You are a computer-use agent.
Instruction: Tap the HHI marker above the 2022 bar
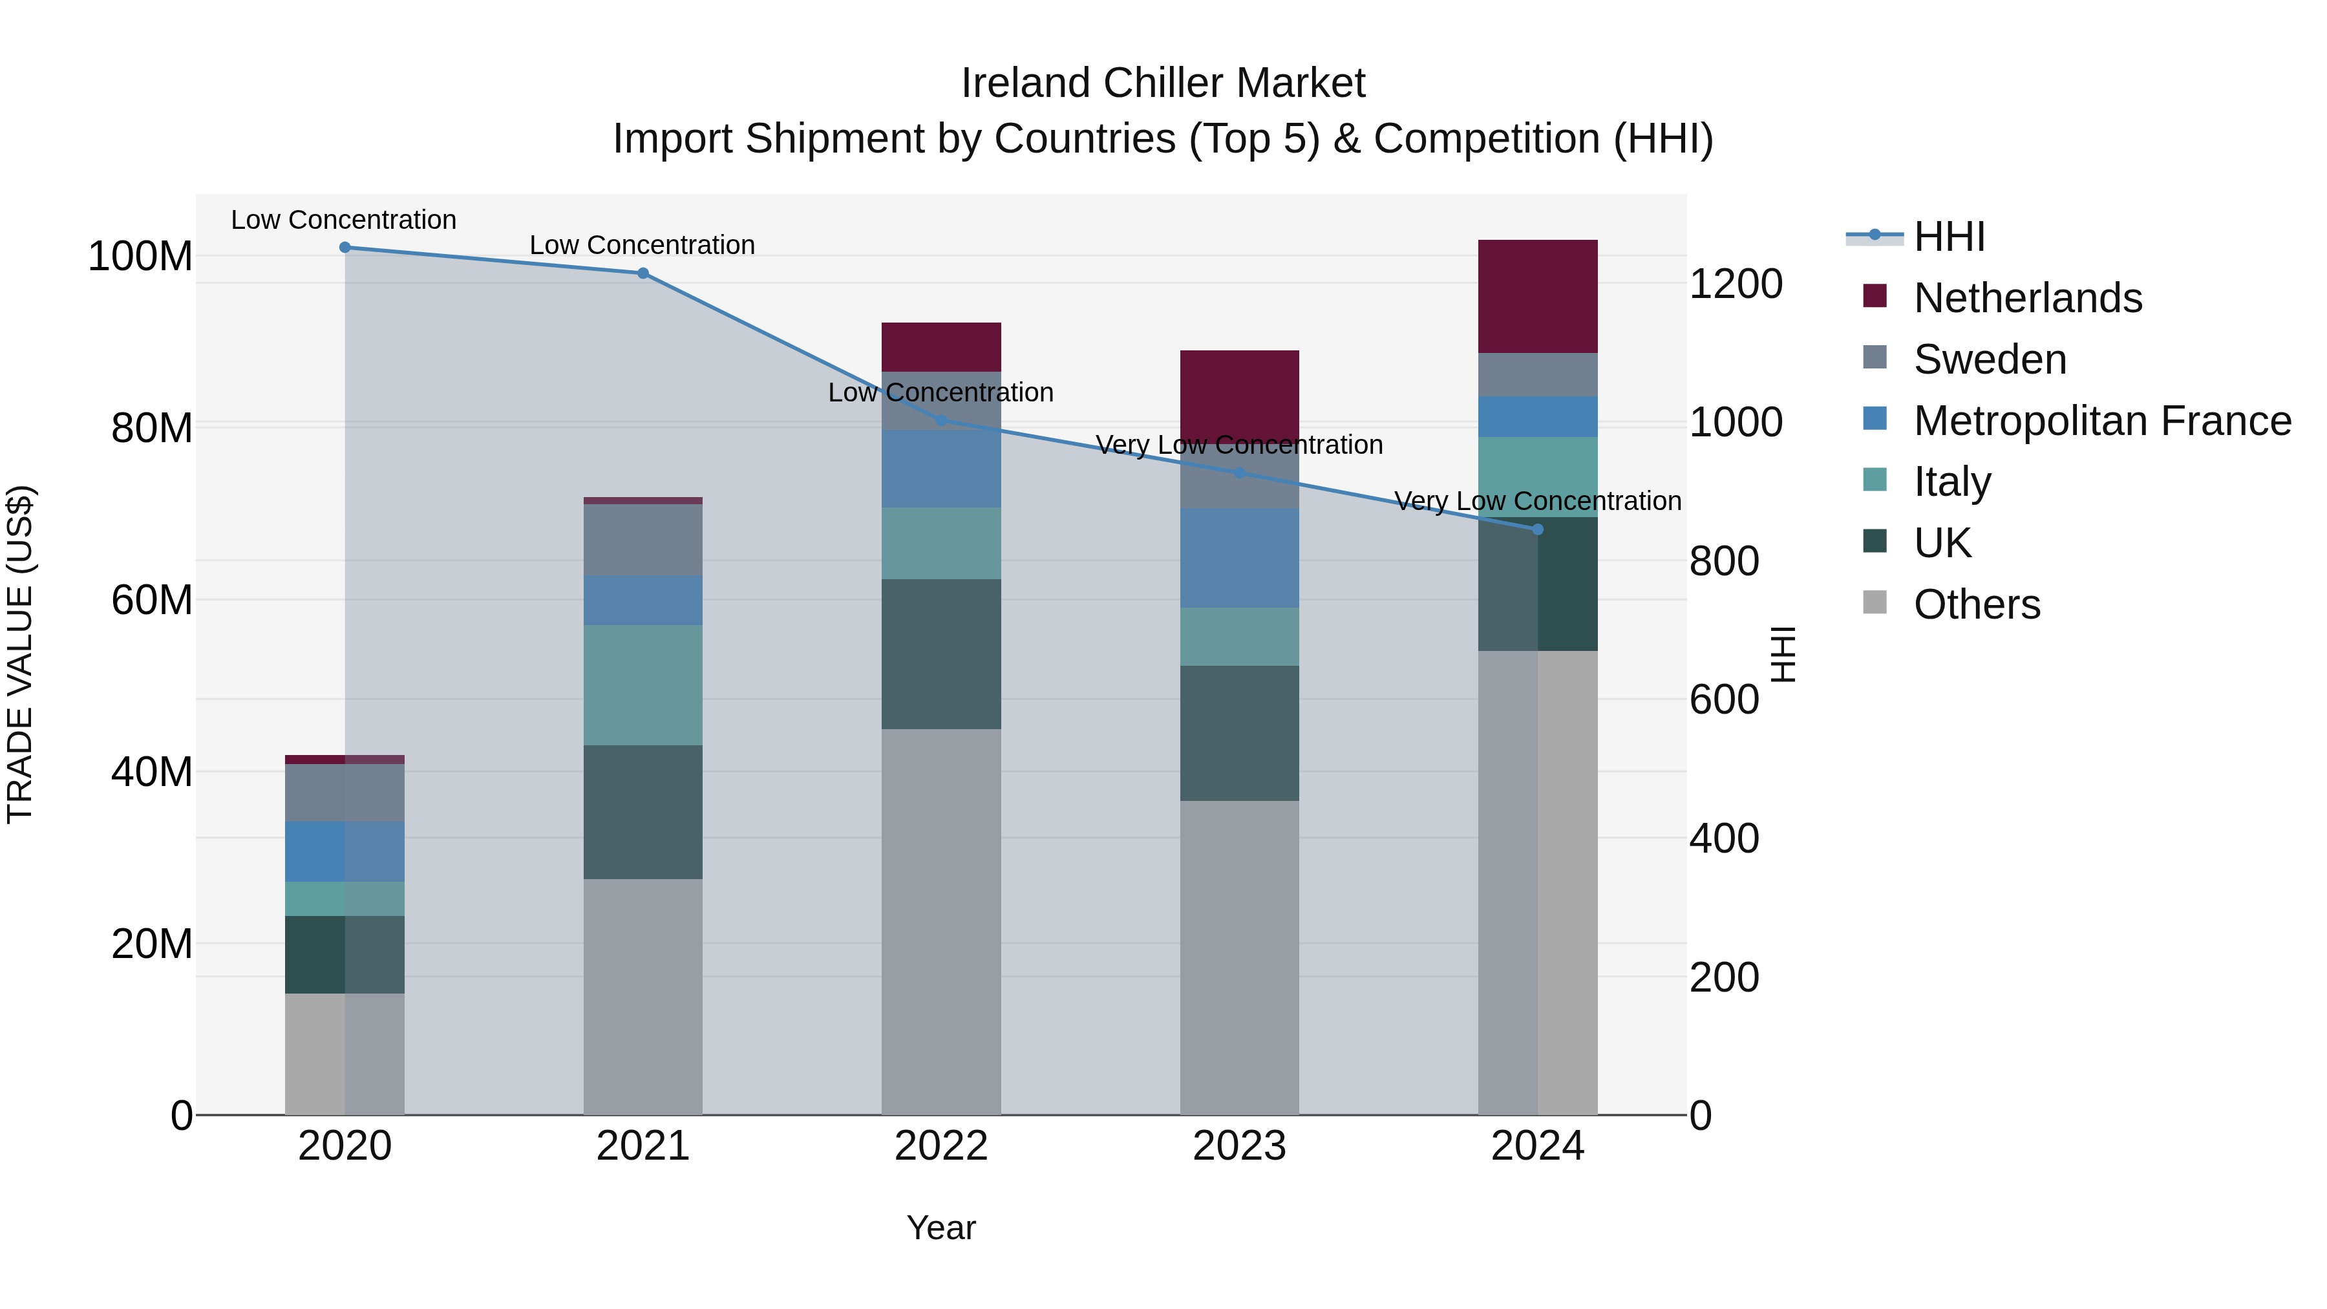940,420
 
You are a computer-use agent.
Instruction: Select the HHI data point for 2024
1538,529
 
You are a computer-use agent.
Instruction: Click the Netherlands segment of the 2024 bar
1538,296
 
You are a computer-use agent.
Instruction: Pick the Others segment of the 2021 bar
643,995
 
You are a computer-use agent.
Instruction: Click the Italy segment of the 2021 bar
643,685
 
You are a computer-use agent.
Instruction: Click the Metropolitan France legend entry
2101,421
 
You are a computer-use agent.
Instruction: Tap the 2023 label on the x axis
1238,1146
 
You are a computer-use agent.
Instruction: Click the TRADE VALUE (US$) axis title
21,654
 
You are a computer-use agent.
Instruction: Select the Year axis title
940,1228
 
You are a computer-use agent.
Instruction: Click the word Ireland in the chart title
1025,83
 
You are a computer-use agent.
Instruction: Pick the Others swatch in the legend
1875,602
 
